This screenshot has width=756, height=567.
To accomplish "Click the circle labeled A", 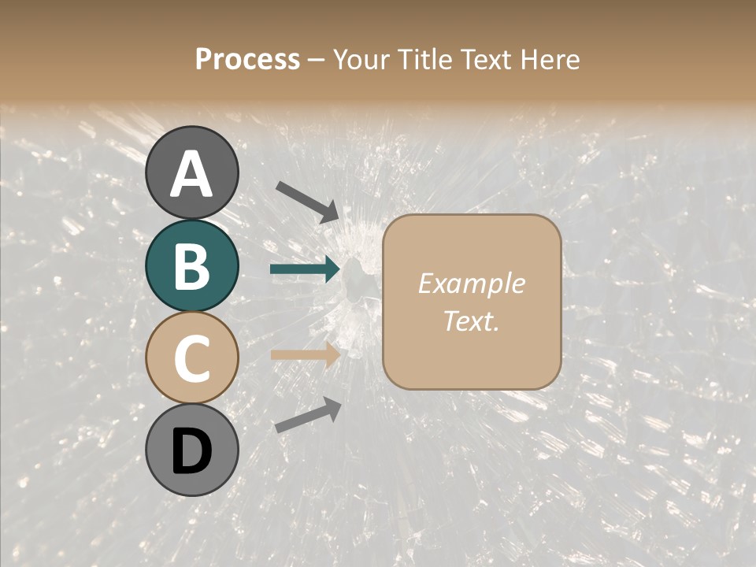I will coord(191,172).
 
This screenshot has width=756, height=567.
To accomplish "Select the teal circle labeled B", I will coord(191,265).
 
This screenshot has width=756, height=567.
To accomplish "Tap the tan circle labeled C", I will coord(191,358).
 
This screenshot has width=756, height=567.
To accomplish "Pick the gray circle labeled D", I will coord(191,450).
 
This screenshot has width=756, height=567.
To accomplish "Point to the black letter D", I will coord(191,451).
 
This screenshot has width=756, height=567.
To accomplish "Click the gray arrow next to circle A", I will coord(307,201).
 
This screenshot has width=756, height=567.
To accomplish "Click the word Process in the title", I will coord(247,59).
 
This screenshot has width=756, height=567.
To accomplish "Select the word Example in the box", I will coord(471,283).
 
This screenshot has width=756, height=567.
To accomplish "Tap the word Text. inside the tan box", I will coord(471,321).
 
